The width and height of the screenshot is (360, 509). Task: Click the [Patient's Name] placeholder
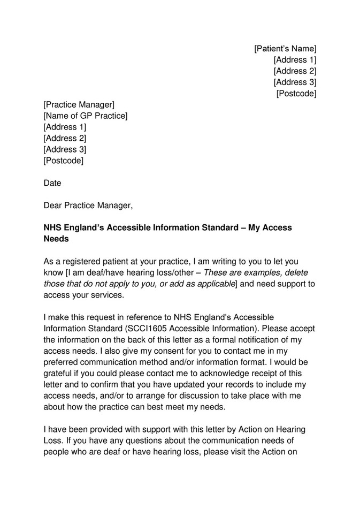(x=285, y=49)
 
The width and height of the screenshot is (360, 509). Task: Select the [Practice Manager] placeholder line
(x=79, y=104)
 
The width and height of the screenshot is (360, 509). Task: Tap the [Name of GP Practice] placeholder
(x=85, y=116)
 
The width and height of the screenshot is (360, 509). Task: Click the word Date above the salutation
(x=52, y=183)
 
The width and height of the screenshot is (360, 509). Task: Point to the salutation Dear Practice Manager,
(x=87, y=205)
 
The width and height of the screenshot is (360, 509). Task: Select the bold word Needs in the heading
(x=56, y=239)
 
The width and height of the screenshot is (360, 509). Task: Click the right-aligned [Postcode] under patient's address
(x=296, y=94)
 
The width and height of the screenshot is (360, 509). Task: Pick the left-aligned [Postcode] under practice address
(x=63, y=161)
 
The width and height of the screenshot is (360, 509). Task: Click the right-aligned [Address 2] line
(x=295, y=71)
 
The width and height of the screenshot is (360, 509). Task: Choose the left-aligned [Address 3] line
(x=64, y=149)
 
